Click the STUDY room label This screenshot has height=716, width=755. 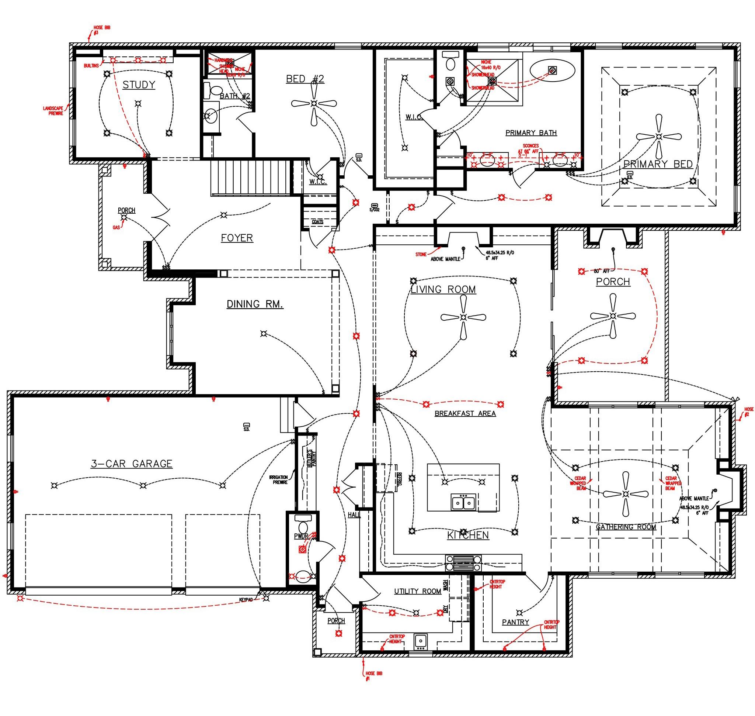coord(138,85)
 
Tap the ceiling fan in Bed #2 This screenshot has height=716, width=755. coord(314,103)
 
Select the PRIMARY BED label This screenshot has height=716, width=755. coord(658,164)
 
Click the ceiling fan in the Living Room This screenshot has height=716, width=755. coord(463,317)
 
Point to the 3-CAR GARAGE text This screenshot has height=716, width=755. coord(132,463)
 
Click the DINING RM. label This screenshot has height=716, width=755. coord(255,304)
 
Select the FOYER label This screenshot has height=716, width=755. coord(237,238)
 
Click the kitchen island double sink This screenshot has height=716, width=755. coord(463,503)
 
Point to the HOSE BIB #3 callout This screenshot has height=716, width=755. coord(100,30)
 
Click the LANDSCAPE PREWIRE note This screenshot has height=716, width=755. coord(53,111)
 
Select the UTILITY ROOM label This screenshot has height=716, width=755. coord(418,591)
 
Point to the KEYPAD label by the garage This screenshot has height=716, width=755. coord(246,600)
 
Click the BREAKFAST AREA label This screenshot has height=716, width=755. coord(465,413)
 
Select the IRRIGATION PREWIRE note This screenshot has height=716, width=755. coord(278,480)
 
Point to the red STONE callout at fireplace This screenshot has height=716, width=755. coord(421,254)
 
